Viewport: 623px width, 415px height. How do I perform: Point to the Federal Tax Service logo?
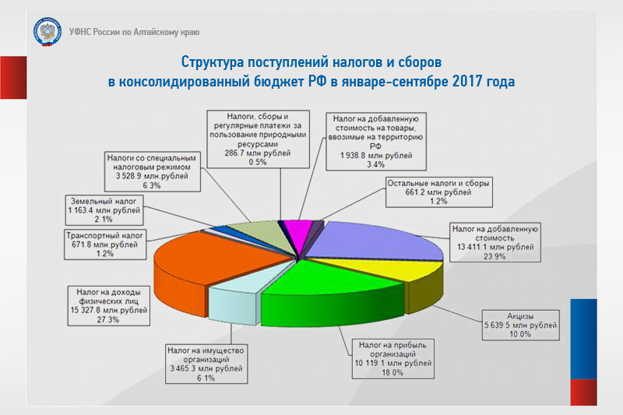48,32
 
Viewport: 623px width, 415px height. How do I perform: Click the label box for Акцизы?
520,325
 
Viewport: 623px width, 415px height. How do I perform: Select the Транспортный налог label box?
105,244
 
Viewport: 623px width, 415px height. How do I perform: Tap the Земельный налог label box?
104,210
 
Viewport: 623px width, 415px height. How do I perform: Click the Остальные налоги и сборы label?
438,192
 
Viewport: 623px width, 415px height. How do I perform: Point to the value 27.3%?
107,319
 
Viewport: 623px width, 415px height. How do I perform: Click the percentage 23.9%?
495,256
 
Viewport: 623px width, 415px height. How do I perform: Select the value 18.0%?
392,372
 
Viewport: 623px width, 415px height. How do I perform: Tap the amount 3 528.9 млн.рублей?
152,176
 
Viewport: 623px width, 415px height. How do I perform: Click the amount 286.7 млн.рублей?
258,153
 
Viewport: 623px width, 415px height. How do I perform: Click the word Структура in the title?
212,62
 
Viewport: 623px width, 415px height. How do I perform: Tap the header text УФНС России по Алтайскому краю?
134,32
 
